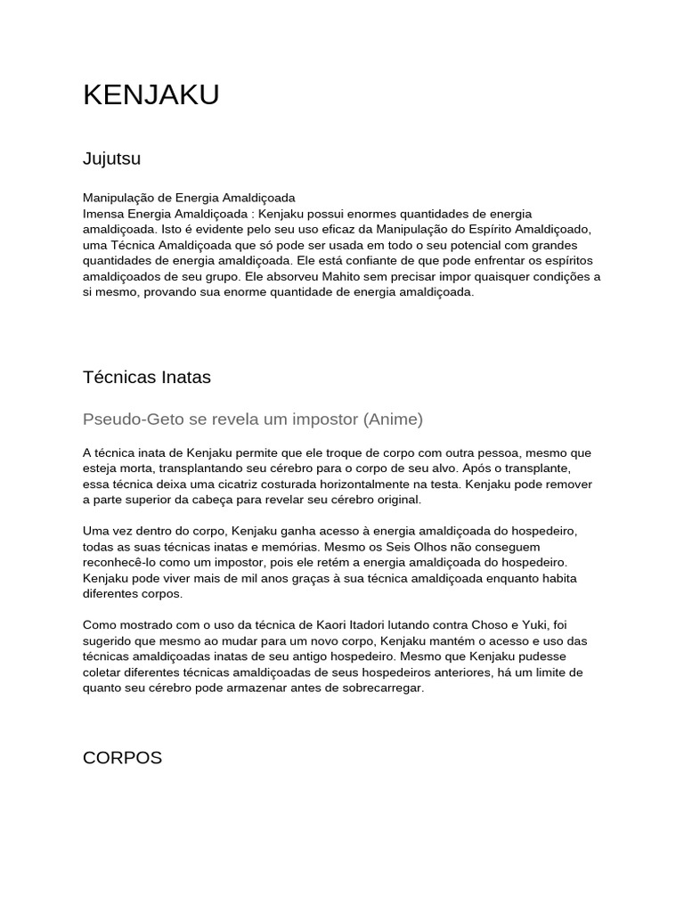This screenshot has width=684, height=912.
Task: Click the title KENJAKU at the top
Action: pos(151,95)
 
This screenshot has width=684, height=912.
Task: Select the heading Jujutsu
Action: pos(111,159)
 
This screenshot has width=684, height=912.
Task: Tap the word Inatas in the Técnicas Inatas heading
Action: pos(182,377)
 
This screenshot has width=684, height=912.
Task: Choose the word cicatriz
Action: pos(233,484)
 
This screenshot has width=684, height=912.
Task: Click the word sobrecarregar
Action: pos(379,688)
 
